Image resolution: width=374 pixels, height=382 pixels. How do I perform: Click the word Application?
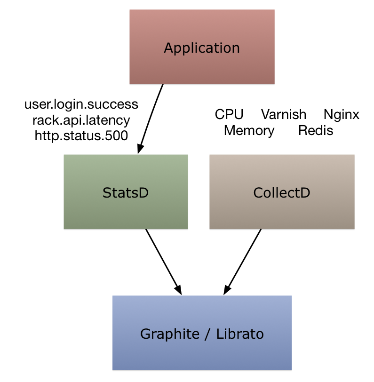pyautogui.click(x=202, y=48)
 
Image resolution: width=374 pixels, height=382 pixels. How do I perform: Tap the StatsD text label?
pyautogui.click(x=126, y=193)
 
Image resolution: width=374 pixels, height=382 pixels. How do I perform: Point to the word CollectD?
pyautogui.click(x=281, y=193)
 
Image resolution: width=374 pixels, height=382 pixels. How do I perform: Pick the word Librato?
pyautogui.click(x=240, y=334)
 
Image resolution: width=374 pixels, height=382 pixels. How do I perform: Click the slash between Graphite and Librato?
pyautogui.click(x=207, y=334)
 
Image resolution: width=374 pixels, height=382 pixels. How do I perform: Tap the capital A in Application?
pyautogui.click(x=168, y=48)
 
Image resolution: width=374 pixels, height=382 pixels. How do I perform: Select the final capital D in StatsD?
pyautogui.click(x=144, y=193)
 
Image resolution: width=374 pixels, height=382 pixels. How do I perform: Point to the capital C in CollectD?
pyautogui.click(x=258, y=193)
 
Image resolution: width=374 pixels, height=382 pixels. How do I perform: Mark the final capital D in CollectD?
pyautogui.click(x=305, y=193)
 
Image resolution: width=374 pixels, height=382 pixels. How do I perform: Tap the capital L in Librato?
pyautogui.click(x=219, y=334)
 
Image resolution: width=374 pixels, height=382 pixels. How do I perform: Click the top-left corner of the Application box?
pyautogui.click(x=130, y=10)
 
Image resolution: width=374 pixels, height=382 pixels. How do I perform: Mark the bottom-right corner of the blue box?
pyautogui.click(x=291, y=369)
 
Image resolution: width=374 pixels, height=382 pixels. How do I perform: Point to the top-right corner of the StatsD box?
pyautogui.click(x=188, y=155)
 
